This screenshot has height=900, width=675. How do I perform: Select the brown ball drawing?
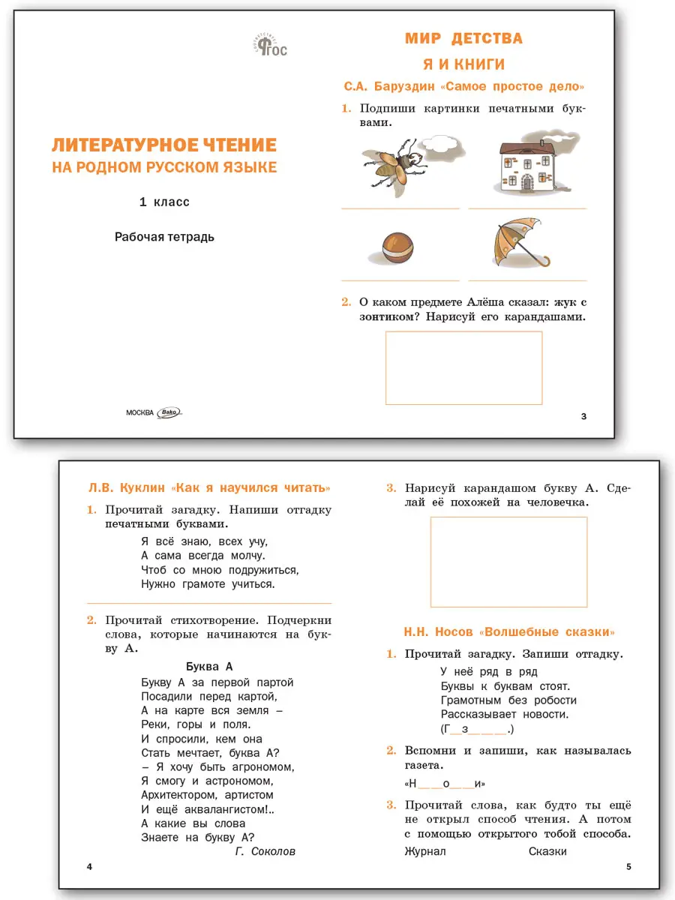point(397,247)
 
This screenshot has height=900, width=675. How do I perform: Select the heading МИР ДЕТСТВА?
point(463,38)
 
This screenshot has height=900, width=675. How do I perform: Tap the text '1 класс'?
point(164,202)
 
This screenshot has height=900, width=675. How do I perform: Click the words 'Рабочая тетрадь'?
point(164,237)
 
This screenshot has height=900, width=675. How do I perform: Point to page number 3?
point(584,416)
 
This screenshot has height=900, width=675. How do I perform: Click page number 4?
point(89,868)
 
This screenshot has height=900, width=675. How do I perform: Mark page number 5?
point(628,868)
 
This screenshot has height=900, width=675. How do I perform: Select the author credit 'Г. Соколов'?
point(265,851)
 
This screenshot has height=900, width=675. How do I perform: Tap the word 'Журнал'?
point(425,851)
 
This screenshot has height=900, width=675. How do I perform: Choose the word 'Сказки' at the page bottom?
point(547,851)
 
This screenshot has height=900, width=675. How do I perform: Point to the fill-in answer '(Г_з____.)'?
point(477,728)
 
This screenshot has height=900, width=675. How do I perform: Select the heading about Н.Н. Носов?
point(509,631)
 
